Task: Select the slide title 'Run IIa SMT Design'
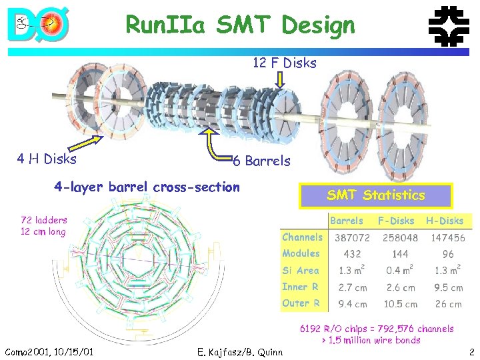(x=240, y=25)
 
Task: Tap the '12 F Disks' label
(x=284, y=63)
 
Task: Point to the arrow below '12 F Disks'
(x=281, y=80)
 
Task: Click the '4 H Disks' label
(x=47, y=159)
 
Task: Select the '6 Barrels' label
(x=261, y=161)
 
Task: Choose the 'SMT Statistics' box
(x=375, y=195)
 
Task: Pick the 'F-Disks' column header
(x=395, y=221)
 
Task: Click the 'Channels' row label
(x=302, y=237)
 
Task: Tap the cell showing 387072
(x=352, y=237)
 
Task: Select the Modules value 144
(x=400, y=254)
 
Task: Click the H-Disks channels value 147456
(x=448, y=237)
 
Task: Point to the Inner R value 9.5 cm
(x=448, y=287)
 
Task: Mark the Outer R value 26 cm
(x=448, y=303)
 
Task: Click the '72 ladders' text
(x=44, y=219)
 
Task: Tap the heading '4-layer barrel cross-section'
(x=147, y=187)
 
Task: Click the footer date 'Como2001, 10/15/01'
(x=49, y=351)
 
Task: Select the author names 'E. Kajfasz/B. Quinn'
(x=240, y=352)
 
